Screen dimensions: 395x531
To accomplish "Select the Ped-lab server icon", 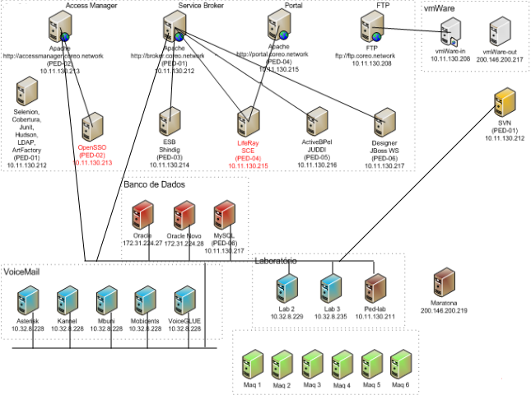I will coord(375,289).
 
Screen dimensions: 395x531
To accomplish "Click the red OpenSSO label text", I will coord(92,148).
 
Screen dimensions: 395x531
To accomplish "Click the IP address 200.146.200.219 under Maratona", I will coord(444,311).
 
